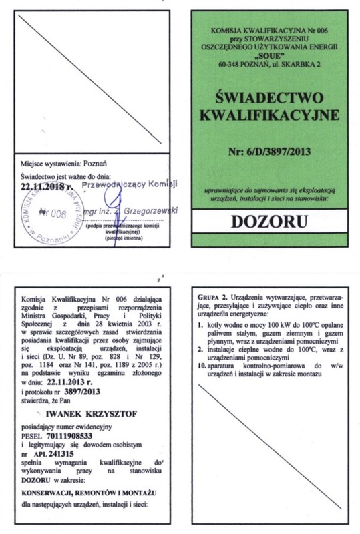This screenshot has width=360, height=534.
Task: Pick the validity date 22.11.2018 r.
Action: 47,188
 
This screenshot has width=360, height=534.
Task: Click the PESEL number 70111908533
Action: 74,435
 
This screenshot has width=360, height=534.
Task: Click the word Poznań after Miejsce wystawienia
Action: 93,163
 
